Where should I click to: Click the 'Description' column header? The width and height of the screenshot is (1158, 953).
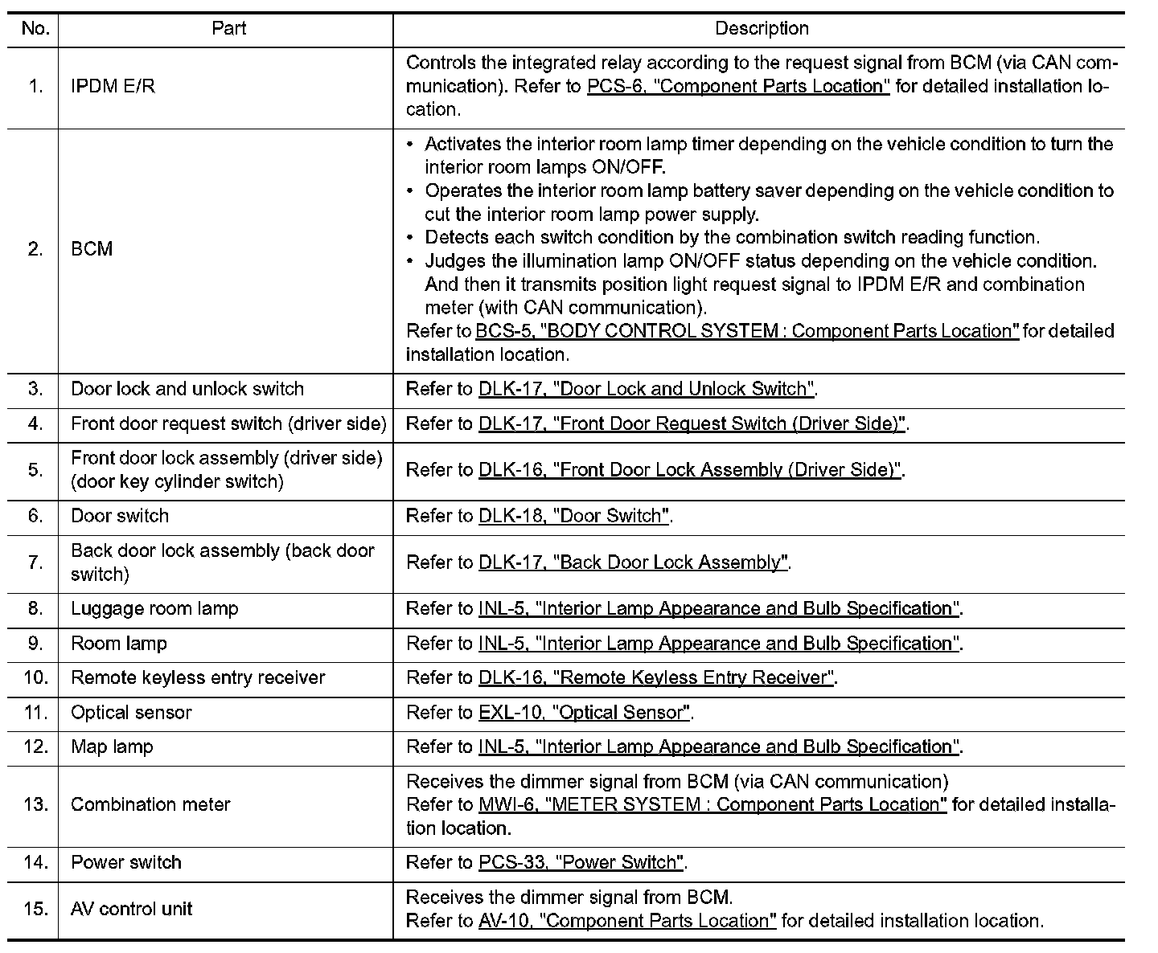pos(762,29)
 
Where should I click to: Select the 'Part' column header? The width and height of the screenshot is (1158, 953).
pos(228,29)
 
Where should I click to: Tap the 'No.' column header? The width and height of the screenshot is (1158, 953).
pos(35,29)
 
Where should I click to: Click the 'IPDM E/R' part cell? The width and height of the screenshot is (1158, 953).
pos(113,86)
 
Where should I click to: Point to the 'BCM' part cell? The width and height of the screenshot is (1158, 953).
pos(92,249)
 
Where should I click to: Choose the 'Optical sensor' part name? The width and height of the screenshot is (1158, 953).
pos(131,713)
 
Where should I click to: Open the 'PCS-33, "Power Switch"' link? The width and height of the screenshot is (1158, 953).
pos(581,863)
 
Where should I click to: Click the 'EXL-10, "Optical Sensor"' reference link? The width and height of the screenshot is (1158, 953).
pos(584,713)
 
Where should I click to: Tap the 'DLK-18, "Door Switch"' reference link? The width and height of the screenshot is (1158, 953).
pos(573,516)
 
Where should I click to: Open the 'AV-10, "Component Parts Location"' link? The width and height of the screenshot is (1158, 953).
pos(627,921)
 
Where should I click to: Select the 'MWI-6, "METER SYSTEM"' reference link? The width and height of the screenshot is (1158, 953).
pos(712,804)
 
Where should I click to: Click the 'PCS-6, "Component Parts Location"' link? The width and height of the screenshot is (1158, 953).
pos(738,86)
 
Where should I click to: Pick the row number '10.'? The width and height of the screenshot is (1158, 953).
pos(35,678)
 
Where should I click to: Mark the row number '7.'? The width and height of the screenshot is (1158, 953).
pos(35,562)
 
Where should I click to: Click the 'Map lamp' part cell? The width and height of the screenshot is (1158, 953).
pos(112,747)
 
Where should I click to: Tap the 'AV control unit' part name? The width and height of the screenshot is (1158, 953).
pos(132,910)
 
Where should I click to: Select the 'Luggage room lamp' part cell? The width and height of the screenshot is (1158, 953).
pos(154,609)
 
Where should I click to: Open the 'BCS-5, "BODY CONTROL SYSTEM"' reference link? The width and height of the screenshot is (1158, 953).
pos(747,331)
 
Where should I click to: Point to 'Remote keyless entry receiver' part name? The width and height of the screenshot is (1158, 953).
pos(198,678)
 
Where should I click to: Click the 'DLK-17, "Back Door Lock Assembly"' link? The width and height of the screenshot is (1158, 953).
pos(633,562)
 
